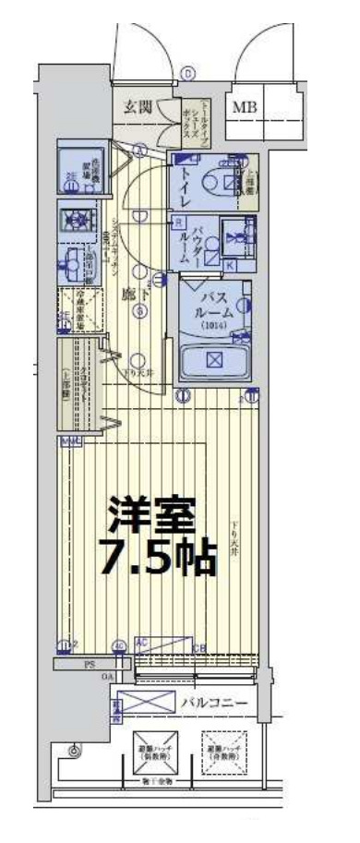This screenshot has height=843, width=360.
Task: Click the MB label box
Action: pos(245,108)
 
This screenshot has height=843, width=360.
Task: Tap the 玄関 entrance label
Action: pos(140,106)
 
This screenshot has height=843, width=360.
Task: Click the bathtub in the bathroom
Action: pos(215,360)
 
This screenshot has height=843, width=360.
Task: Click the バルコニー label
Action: pos(214,704)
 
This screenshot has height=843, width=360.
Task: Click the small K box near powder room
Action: pos(229,266)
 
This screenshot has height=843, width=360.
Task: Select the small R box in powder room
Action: pos(178,222)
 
